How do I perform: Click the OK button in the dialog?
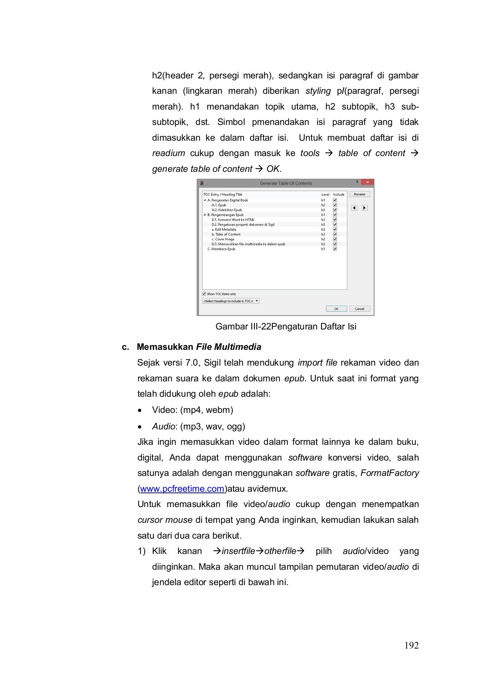point(336,309)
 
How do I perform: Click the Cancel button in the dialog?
point(359,309)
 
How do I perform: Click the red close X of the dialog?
point(368,182)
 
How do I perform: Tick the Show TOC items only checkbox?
point(204,294)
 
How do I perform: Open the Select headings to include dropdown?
point(230,301)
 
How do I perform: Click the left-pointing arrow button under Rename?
point(354,208)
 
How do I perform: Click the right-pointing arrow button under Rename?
point(365,208)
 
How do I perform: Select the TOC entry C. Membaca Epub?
point(221,249)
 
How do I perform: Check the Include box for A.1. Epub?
point(335,205)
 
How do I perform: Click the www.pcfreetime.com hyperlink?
point(182,489)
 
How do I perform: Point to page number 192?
point(411,645)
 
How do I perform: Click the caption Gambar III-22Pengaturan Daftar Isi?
point(286,326)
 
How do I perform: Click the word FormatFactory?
point(390,473)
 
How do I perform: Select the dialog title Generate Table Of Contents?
point(286,183)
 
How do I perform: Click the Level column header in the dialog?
point(325,195)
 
